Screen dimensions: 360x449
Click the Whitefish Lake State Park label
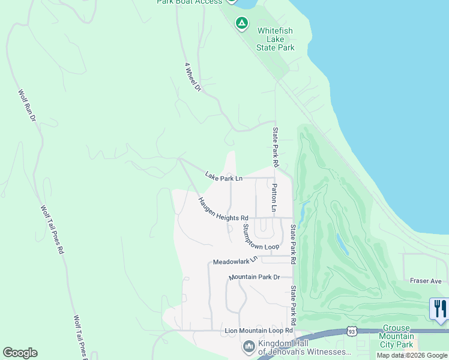(276, 38)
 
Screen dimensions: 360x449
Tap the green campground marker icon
(241, 23)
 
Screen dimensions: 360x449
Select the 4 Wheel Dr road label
(193, 77)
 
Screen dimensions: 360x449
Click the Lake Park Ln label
(223, 177)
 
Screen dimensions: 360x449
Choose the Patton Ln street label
(274, 198)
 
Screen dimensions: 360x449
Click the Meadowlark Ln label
(235, 261)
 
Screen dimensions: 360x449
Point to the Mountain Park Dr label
(255, 277)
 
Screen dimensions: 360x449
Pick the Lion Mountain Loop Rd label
(258, 331)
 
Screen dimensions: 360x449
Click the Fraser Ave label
(426, 281)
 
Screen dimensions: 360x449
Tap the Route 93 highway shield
(351, 331)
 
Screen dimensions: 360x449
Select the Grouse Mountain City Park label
(397, 337)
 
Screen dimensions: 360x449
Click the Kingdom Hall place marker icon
(249, 347)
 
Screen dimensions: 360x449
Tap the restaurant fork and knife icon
(440, 309)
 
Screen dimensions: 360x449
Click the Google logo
(20, 353)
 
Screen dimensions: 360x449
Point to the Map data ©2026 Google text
(412, 355)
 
